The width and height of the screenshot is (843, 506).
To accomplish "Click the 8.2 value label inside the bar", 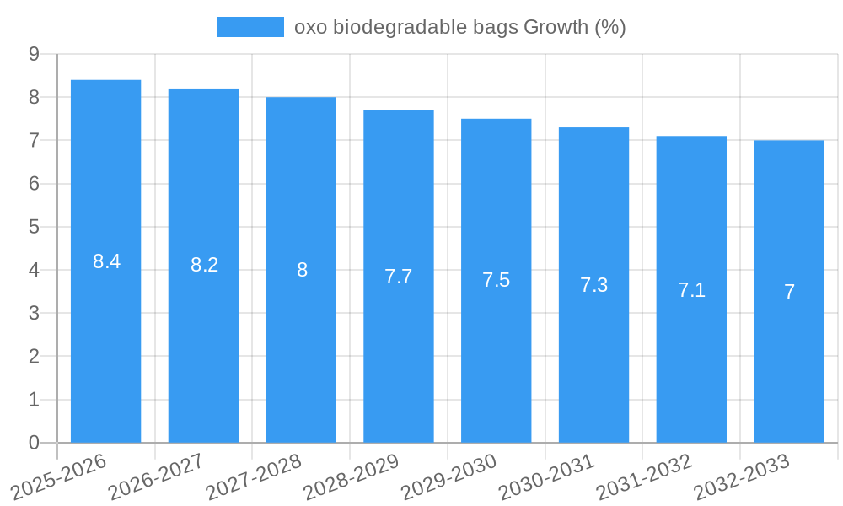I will click(x=204, y=265).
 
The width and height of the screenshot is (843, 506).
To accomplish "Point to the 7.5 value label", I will click(x=496, y=280).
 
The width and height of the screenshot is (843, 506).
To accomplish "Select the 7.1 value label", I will click(x=691, y=290).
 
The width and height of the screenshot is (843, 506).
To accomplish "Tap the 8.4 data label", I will click(x=107, y=261).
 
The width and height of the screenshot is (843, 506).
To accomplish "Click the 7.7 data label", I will click(x=398, y=277).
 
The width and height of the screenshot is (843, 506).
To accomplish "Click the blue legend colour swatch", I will click(x=250, y=27).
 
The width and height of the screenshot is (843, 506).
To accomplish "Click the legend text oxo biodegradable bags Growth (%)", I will click(x=459, y=27).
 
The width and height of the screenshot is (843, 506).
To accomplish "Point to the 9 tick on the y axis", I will click(x=34, y=54).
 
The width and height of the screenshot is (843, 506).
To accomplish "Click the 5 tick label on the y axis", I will click(x=34, y=227).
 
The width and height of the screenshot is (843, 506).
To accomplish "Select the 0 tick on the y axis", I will click(x=34, y=443).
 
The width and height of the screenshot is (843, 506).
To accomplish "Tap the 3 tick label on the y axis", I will click(x=34, y=314).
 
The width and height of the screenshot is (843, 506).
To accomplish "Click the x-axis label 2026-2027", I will click(x=157, y=476).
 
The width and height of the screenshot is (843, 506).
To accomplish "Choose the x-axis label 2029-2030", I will click(x=449, y=476).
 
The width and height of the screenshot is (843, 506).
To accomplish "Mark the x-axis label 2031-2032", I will click(x=645, y=476).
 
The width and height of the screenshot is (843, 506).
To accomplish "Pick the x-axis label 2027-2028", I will click(x=255, y=476).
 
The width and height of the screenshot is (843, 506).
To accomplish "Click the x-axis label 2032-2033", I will click(x=742, y=476).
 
